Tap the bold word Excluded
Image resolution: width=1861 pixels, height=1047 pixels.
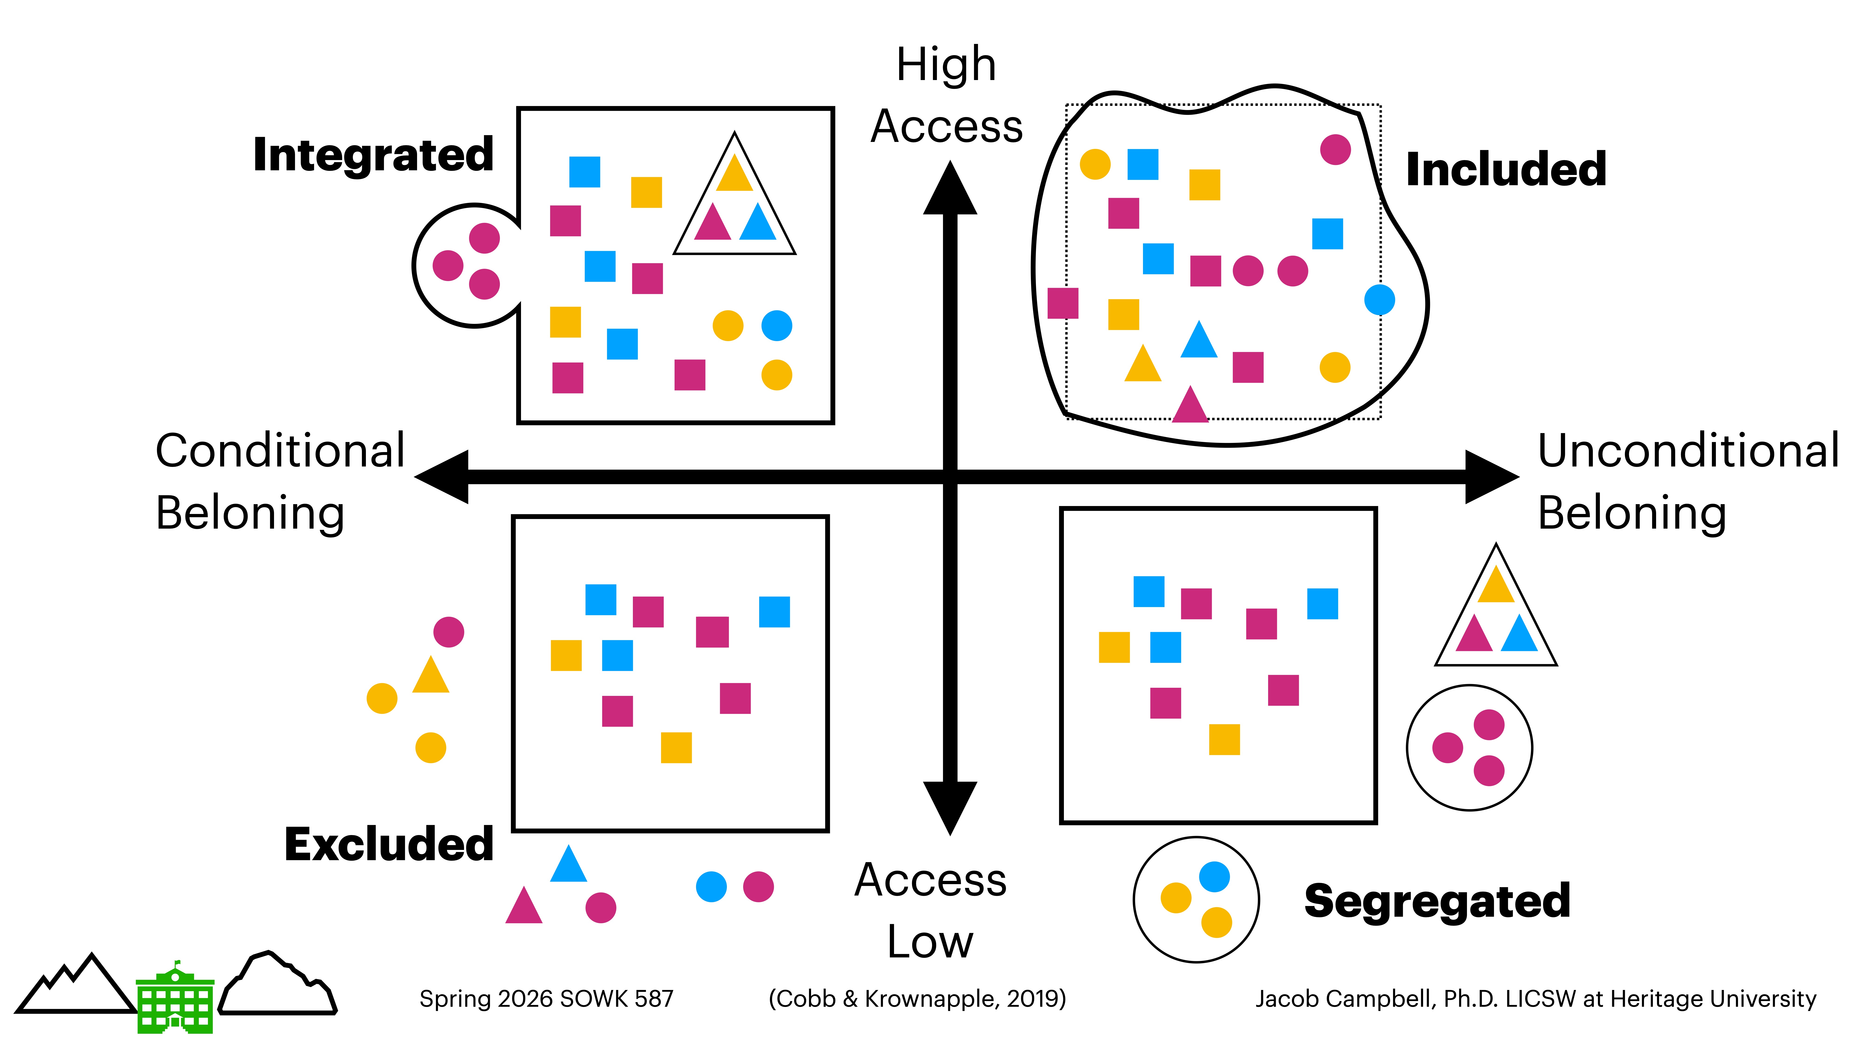(x=389, y=844)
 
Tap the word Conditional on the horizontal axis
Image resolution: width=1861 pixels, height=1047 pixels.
(x=280, y=451)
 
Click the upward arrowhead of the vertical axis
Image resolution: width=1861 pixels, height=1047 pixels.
(x=950, y=189)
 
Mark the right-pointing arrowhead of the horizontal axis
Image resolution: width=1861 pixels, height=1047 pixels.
(x=1490, y=477)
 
